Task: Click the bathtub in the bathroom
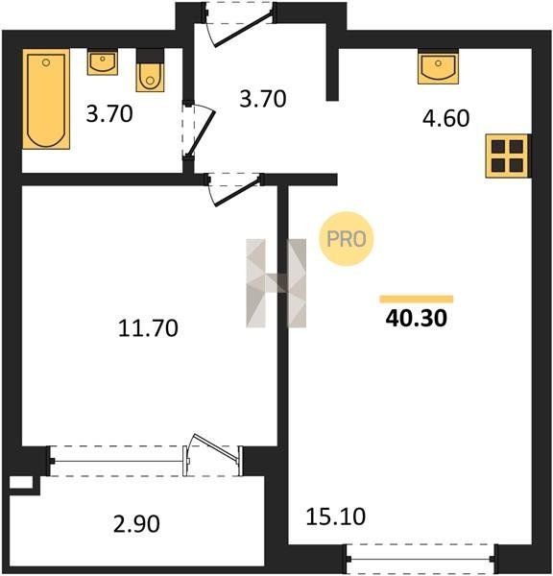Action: tap(46, 99)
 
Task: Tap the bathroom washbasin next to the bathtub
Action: tap(103, 62)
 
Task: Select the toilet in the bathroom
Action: tap(150, 70)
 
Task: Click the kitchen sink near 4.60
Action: tap(438, 66)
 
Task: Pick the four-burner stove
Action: tap(508, 156)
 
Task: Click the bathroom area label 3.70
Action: tap(109, 113)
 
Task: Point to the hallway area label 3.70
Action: tap(263, 99)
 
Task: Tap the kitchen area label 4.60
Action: tap(445, 118)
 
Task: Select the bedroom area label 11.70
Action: tap(148, 328)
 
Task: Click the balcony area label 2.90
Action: tap(136, 524)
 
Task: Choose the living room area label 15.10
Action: tap(335, 516)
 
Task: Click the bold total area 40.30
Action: tap(417, 318)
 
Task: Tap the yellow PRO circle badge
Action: tap(347, 239)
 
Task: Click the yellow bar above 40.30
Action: tap(417, 299)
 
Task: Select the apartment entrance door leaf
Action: tap(243, 30)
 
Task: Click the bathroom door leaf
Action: tap(202, 134)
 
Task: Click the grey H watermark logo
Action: tap(276, 283)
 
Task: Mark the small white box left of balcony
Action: tap(21, 482)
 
